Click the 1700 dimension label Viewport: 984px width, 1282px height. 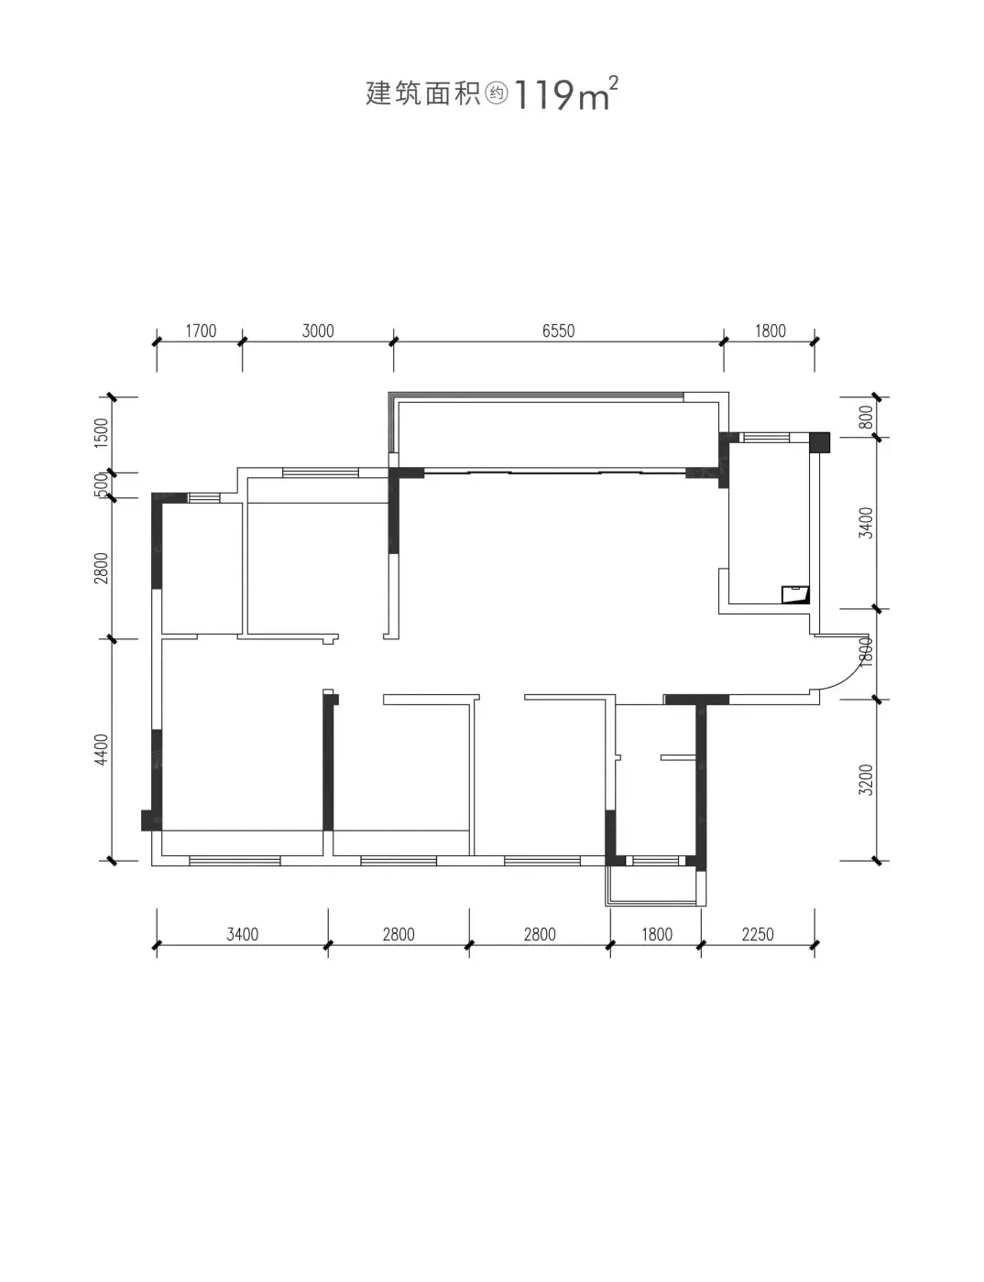pyautogui.click(x=201, y=331)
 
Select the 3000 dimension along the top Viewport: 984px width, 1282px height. pyautogui.click(x=318, y=331)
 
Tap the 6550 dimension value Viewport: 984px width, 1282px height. pyautogui.click(x=558, y=331)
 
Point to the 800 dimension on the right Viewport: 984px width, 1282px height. pyautogui.click(x=866, y=417)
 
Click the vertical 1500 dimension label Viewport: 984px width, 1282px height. pyautogui.click(x=102, y=432)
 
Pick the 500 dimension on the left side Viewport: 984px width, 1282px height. pyautogui.click(x=102, y=485)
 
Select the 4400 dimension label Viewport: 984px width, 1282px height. pyautogui.click(x=102, y=749)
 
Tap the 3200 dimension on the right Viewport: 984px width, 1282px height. pyautogui.click(x=866, y=779)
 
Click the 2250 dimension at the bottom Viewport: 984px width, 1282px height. pyautogui.click(x=758, y=935)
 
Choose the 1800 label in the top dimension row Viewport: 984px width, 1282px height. pyautogui.click(x=770, y=331)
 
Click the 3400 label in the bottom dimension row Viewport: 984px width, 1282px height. pyautogui.click(x=242, y=935)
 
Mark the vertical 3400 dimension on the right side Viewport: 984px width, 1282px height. pyautogui.click(x=866, y=522)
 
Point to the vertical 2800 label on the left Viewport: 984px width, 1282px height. pyautogui.click(x=102, y=568)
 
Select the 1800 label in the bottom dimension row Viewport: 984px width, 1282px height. pyautogui.click(x=656, y=935)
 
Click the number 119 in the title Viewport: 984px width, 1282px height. pyautogui.click(x=544, y=95)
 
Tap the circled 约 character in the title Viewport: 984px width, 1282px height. pyautogui.click(x=497, y=93)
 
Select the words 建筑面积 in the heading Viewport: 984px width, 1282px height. pyautogui.click(x=423, y=93)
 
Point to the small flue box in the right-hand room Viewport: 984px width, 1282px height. pyautogui.click(x=794, y=594)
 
